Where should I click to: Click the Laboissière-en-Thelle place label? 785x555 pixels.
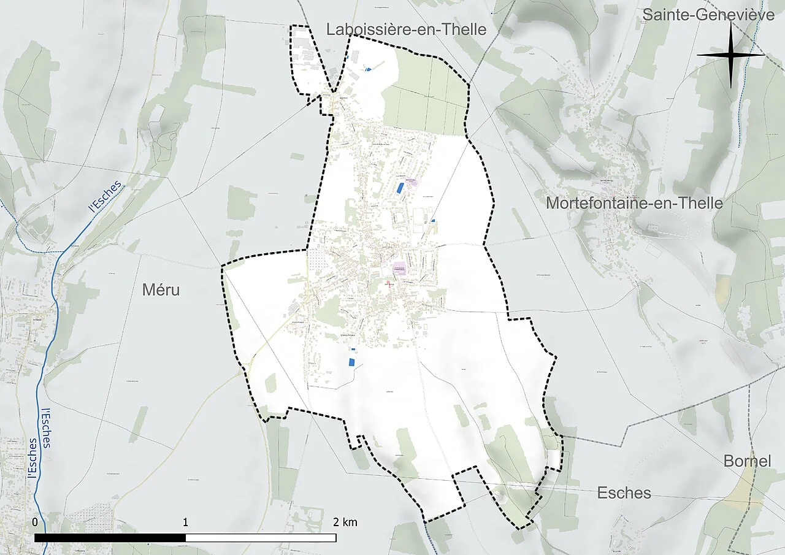click(x=406, y=29)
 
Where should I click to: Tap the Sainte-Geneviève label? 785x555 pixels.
click(x=708, y=15)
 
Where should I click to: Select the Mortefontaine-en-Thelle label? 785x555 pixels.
click(x=634, y=203)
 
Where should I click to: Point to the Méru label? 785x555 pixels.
click(x=161, y=290)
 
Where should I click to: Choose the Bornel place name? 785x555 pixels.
click(x=747, y=461)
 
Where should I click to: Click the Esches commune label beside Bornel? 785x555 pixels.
click(x=624, y=493)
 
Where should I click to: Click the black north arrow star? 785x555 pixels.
click(x=730, y=55)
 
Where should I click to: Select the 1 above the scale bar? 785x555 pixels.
click(x=185, y=522)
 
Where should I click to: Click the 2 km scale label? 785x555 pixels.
click(x=345, y=522)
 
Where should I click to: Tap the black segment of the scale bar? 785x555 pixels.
click(x=110, y=538)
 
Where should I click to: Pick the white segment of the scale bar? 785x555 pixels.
click(x=261, y=538)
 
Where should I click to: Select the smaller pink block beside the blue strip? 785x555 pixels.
click(x=411, y=182)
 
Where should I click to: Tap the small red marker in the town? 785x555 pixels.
click(x=387, y=284)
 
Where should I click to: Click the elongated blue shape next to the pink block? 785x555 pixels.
click(x=400, y=188)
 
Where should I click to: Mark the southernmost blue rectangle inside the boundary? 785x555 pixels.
click(x=351, y=361)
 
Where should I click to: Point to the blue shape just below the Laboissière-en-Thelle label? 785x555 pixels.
click(x=368, y=70)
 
